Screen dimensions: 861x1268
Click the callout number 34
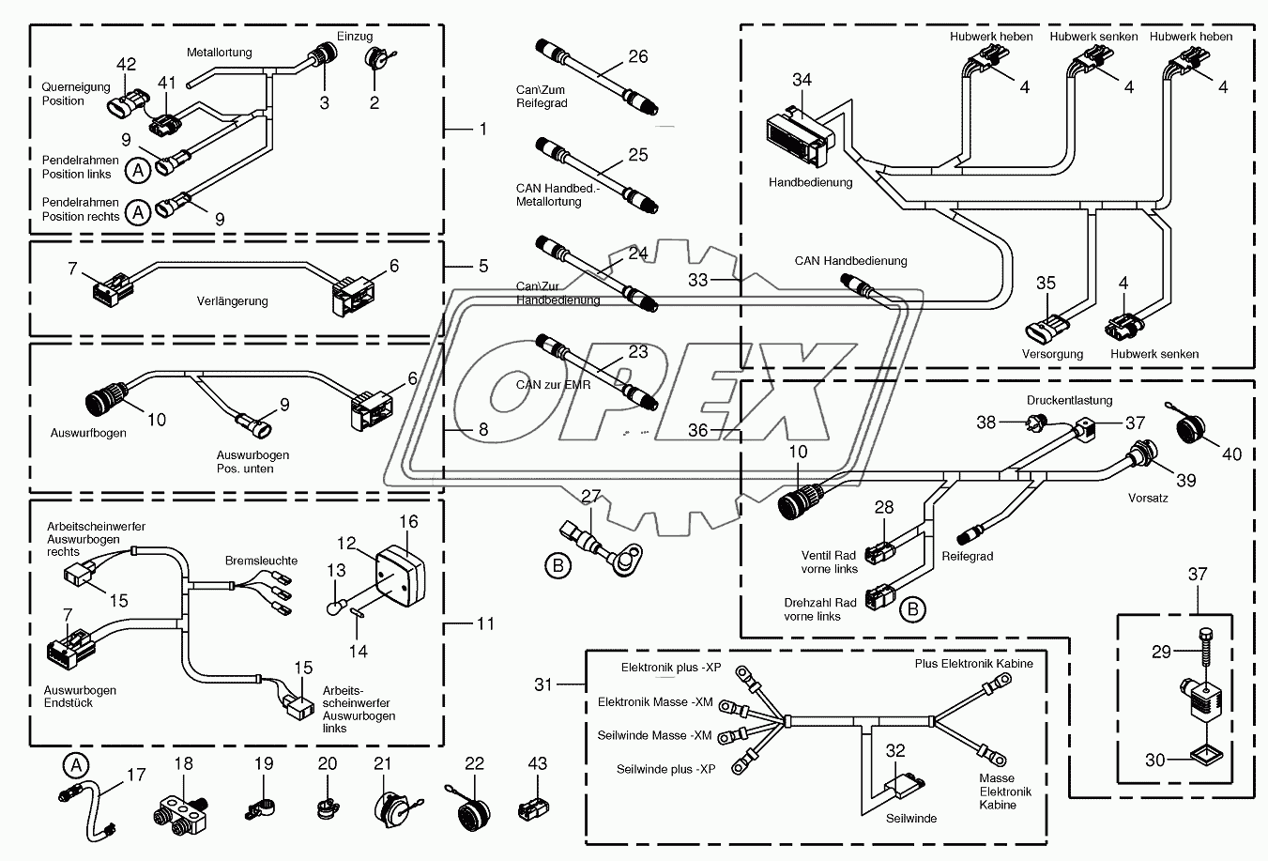802,80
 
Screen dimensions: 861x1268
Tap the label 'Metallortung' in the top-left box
219,53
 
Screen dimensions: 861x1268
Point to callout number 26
637,57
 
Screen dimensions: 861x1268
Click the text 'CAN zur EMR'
554,384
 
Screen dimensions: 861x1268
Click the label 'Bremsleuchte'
261,561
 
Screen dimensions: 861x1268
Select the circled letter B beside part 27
558,565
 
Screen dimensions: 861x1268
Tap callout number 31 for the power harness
544,685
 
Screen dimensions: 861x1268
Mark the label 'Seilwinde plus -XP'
665,769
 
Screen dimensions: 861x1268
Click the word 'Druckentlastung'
1068,400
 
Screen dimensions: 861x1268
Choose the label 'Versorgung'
1052,354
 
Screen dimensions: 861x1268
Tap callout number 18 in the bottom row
183,763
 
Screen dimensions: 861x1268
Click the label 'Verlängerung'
232,301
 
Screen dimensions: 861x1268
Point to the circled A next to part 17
73,764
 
